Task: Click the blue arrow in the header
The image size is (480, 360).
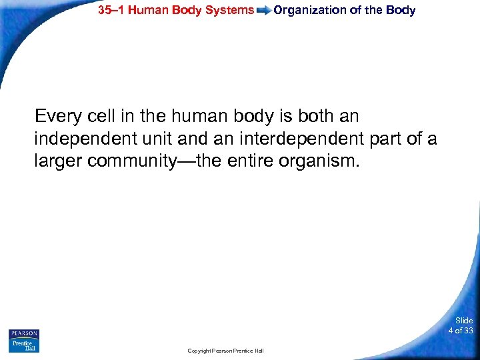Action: [263, 11]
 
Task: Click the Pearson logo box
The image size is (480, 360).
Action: [24, 333]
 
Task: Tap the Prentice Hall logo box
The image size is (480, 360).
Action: [24, 346]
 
